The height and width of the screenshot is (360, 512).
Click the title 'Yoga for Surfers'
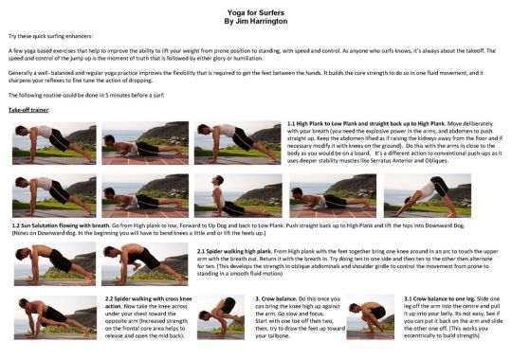[256, 9]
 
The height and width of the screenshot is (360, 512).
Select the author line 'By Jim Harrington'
[256, 19]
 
